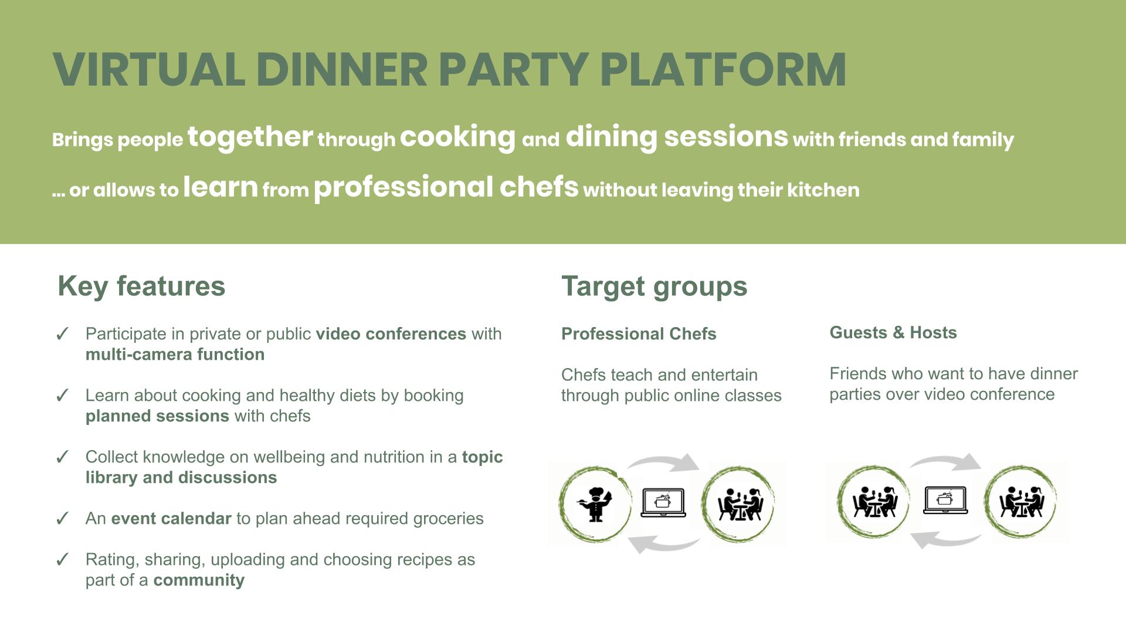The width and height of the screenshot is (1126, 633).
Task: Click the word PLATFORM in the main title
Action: pyautogui.click(x=723, y=69)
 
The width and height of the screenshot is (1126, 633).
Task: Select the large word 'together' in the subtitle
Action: pyautogui.click(x=250, y=137)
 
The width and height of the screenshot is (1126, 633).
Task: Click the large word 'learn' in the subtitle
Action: pyautogui.click(x=221, y=187)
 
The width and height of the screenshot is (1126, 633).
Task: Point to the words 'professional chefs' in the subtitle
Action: pyautogui.click(x=446, y=188)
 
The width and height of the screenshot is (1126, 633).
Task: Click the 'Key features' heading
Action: pyautogui.click(x=141, y=286)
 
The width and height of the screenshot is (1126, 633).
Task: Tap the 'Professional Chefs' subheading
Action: pyautogui.click(x=639, y=333)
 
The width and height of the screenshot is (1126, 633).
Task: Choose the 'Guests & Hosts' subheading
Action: pyautogui.click(x=893, y=332)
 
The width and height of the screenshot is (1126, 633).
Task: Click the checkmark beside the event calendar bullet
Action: pyautogui.click(x=62, y=519)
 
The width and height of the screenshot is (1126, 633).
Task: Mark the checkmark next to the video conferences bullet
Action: pyautogui.click(x=62, y=334)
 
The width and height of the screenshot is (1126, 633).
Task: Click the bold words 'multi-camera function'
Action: pyautogui.click(x=175, y=354)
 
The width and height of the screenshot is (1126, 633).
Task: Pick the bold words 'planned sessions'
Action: pyautogui.click(x=157, y=416)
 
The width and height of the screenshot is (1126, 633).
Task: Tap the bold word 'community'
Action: pyautogui.click(x=199, y=580)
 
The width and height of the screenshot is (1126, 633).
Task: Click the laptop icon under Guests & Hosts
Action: pyautogui.click(x=945, y=500)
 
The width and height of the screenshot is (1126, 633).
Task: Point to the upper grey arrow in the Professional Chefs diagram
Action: pyautogui.click(x=663, y=462)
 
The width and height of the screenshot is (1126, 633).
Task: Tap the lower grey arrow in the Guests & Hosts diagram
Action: pyautogui.click(x=945, y=540)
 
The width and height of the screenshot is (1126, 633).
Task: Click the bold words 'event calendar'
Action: pyautogui.click(x=171, y=518)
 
